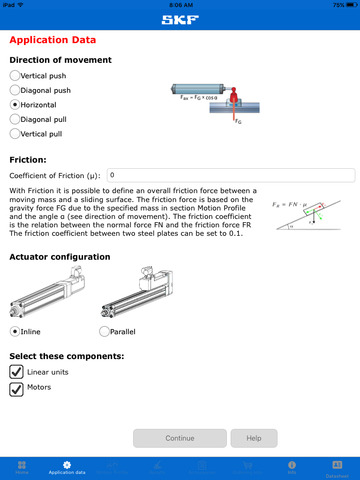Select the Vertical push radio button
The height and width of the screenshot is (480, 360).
click(14, 75)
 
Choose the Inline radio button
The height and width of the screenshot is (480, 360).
click(14, 331)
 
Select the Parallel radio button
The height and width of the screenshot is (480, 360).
click(105, 331)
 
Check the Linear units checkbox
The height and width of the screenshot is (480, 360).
click(16, 371)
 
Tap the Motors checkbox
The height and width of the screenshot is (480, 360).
click(16, 389)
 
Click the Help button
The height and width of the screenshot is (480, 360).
click(254, 438)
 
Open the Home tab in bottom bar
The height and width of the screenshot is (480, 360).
click(22, 467)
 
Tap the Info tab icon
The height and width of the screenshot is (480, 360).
click(292, 467)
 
